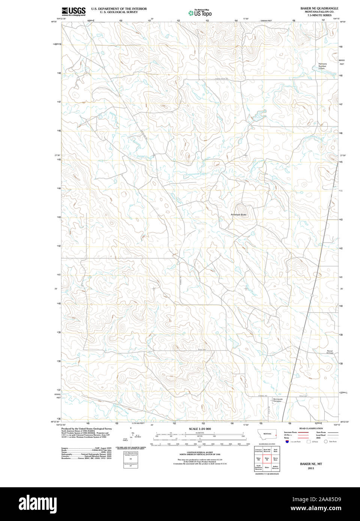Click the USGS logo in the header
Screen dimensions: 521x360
pyautogui.click(x=73, y=11)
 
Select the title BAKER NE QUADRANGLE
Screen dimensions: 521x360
pyautogui.click(x=319, y=8)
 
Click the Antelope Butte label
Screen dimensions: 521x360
pyautogui.click(x=238, y=214)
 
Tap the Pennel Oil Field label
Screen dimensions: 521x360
pyautogui.click(x=330, y=352)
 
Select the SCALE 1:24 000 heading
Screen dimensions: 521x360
pyautogui.click(x=199, y=429)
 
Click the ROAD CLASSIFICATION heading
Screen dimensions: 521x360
pyautogui.click(x=311, y=428)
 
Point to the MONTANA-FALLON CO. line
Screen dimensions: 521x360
pyautogui.click(x=319, y=12)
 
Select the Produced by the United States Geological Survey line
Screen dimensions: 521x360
pyautogui.click(x=87, y=428)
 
